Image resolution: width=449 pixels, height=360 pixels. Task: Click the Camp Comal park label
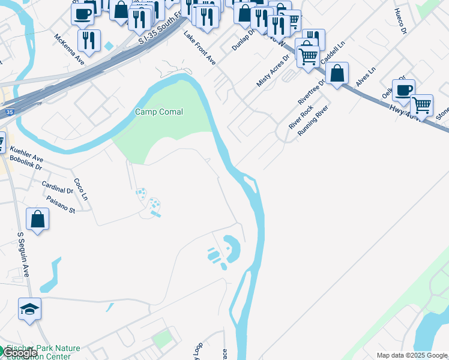tap(158, 112)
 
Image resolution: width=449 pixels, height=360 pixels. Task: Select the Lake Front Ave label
tap(199, 48)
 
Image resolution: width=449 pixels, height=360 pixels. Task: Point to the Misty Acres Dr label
tap(273, 70)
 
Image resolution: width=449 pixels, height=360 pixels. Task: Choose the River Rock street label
tap(301, 116)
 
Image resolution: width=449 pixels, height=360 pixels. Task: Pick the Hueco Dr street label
tap(401, 21)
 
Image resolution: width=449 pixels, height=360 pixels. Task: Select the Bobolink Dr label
tap(26, 163)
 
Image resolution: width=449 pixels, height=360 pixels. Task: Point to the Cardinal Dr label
tap(57, 187)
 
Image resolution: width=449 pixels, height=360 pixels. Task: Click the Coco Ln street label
tap(80, 188)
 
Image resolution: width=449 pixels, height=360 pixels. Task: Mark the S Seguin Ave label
tap(24, 255)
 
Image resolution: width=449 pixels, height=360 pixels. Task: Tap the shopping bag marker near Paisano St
tap(38, 219)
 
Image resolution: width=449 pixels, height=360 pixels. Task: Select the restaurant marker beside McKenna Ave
tap(89, 40)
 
